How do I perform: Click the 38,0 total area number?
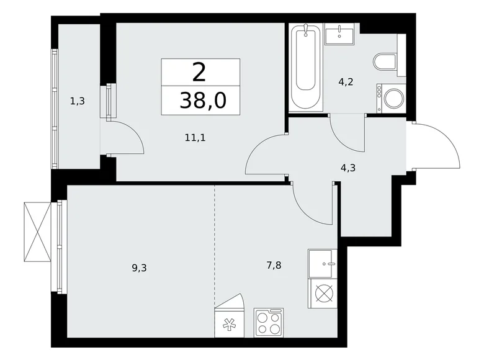200,100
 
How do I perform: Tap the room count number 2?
199,73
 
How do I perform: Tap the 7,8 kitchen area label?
273,265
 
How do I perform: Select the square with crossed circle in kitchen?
323,294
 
